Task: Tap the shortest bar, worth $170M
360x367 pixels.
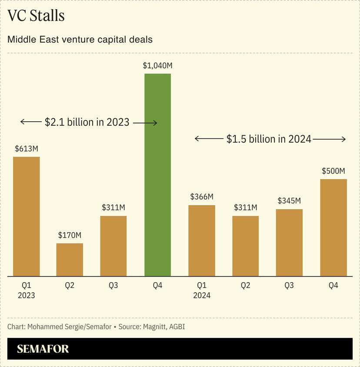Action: pyautogui.click(x=70, y=260)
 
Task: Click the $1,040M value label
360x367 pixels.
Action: pyautogui.click(x=157, y=66)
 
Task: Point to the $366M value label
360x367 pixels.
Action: pyautogui.click(x=201, y=197)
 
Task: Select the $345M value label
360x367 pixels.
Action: pyautogui.click(x=289, y=201)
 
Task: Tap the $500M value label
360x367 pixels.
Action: pyautogui.click(x=333, y=171)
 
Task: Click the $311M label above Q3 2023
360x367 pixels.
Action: pyautogui.click(x=113, y=207)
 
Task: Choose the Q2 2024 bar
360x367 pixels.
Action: pyautogui.click(x=245, y=246)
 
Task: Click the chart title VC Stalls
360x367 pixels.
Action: pyautogui.click(x=36, y=16)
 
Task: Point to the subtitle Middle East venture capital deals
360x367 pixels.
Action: pyautogui.click(x=80, y=40)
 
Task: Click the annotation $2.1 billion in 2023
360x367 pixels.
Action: pyautogui.click(x=87, y=123)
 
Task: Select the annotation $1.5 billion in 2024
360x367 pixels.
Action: pyautogui.click(x=269, y=139)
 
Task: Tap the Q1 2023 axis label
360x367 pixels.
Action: pyautogui.click(x=26, y=290)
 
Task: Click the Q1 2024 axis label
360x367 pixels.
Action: pyautogui.click(x=201, y=290)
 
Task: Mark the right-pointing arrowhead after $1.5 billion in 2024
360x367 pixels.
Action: pyautogui.click(x=343, y=139)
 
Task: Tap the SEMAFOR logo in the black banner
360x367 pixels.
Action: pyautogui.click(x=43, y=349)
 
